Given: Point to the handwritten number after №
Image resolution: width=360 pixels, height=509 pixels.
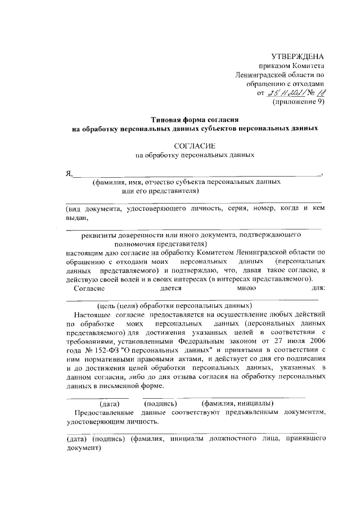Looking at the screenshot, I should pos(319,93).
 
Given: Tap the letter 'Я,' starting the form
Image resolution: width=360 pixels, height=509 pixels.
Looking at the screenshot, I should pos(70,173).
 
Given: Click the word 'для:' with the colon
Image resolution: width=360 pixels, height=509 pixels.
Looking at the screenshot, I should pos(318,287).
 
